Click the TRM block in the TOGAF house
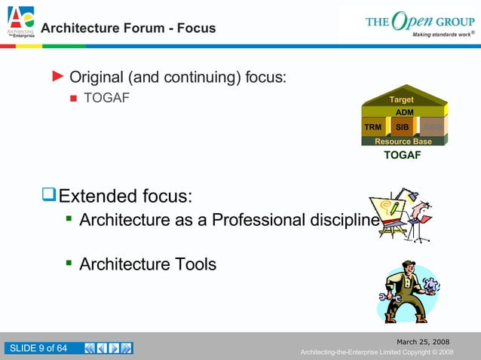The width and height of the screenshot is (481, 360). (372, 127)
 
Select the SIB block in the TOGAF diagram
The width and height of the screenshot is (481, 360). (402, 127)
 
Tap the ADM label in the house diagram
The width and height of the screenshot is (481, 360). (404, 112)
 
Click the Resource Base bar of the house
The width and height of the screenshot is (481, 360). (403, 141)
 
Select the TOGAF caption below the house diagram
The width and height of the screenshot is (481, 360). (402, 155)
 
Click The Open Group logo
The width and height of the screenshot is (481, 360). (419, 22)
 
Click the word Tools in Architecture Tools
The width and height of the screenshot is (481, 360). (195, 264)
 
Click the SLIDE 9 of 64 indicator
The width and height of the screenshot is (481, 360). (38, 348)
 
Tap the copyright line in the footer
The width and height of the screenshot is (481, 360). (376, 352)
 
